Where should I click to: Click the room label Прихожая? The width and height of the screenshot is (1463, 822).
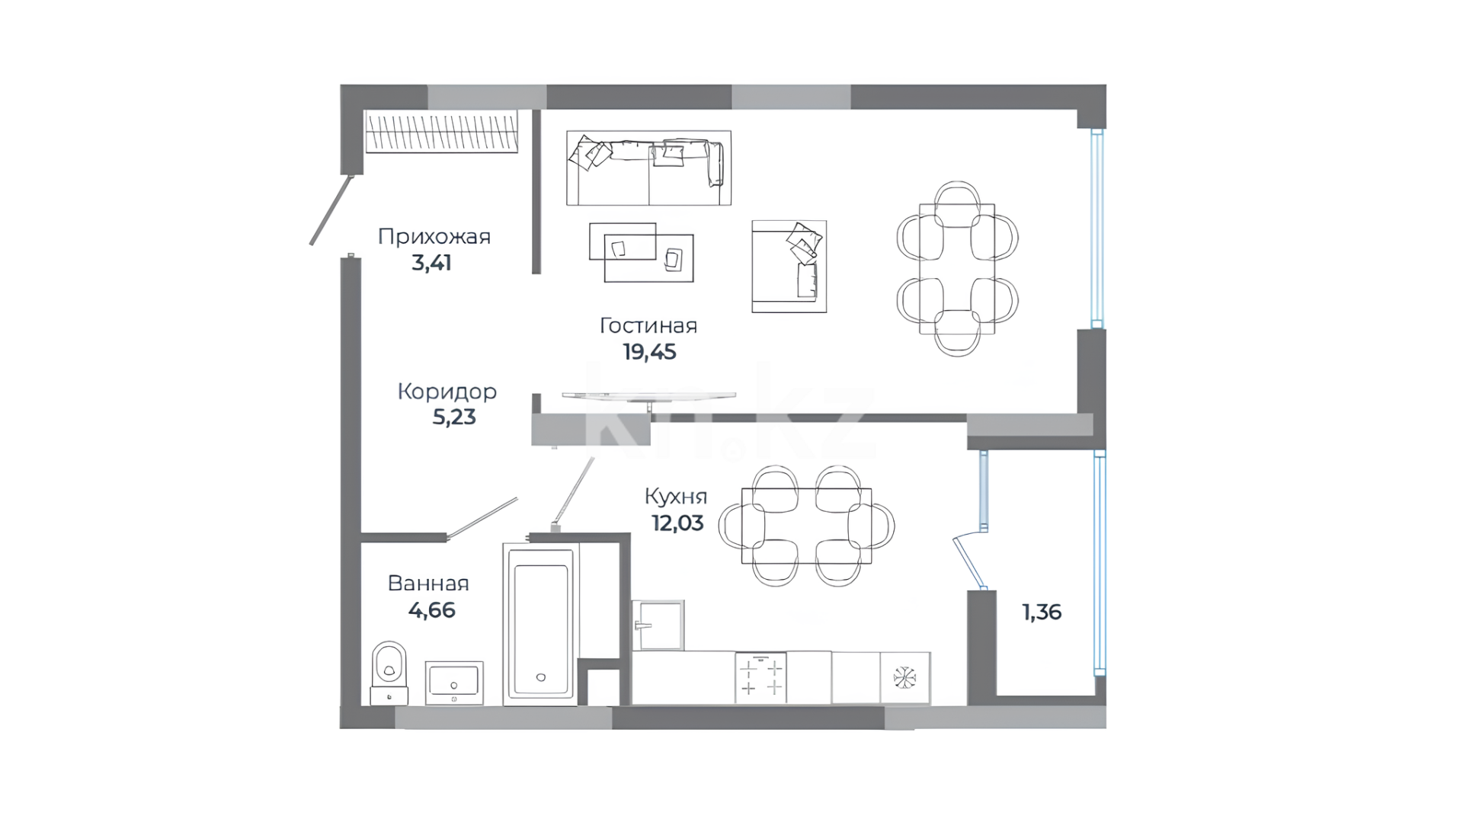coord(434,236)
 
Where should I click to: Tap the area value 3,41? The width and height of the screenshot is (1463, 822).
coord(431,263)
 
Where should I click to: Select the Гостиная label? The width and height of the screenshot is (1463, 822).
coord(648,325)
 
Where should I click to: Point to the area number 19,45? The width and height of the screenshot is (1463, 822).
coord(649,352)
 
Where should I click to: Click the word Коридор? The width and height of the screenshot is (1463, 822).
coord(447,392)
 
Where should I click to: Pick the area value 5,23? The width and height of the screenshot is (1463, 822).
coord(454,417)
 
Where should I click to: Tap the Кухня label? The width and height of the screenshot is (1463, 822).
coord(676,497)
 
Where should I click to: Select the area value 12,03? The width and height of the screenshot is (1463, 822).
coord(677,523)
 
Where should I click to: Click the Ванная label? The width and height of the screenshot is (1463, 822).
coord(428,584)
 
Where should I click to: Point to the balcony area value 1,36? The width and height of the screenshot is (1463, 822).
coord(1042,612)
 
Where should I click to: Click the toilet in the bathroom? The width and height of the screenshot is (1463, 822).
coord(389,673)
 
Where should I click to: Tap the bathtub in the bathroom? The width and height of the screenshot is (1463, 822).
coord(541,623)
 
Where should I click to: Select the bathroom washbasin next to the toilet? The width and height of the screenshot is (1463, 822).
coord(454,682)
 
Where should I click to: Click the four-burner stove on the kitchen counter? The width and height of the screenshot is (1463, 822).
coord(761,677)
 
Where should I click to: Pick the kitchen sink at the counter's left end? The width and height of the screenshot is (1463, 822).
coord(658,625)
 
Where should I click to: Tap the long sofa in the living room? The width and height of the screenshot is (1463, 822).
coord(648,168)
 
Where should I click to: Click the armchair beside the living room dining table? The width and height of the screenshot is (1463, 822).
coord(789,267)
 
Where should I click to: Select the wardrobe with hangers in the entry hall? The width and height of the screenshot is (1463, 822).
coord(442,131)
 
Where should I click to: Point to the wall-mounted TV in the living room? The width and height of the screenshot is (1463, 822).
coord(649,396)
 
